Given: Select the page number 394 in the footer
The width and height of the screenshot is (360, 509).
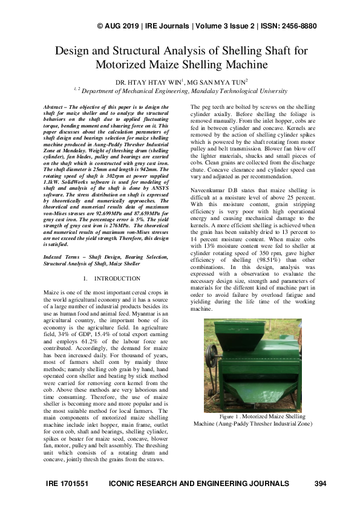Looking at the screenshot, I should (x=321, y=484).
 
